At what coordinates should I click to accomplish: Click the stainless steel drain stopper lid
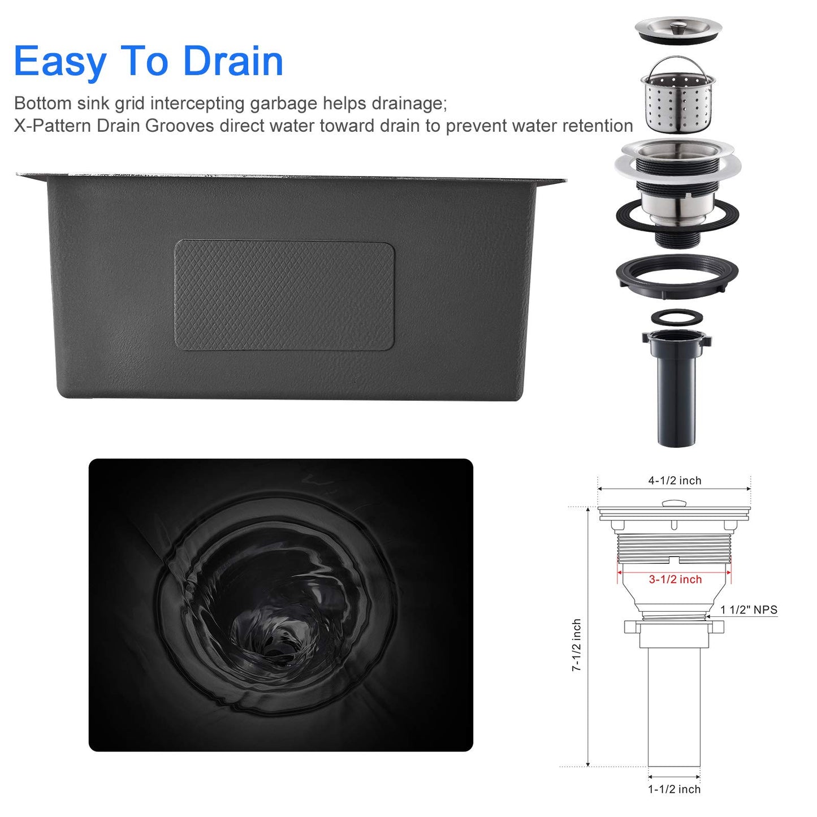(x=678, y=29)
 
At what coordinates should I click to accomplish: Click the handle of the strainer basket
(x=678, y=62)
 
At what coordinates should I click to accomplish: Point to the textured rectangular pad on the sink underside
(x=284, y=295)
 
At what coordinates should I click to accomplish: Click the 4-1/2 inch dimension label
(x=674, y=481)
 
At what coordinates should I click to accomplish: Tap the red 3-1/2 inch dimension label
(x=675, y=580)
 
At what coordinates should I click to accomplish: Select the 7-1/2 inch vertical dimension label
(x=576, y=645)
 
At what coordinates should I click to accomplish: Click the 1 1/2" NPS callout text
(x=749, y=610)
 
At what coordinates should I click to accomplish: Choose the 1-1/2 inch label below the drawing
(x=674, y=789)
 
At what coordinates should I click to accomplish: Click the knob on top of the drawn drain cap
(x=674, y=503)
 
